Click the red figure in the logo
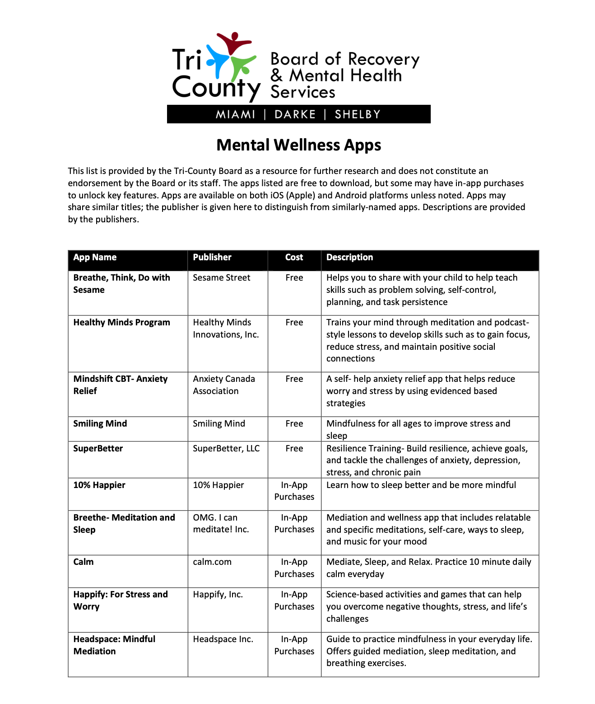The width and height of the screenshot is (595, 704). tap(233, 43)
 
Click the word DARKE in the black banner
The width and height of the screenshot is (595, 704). tap(295, 114)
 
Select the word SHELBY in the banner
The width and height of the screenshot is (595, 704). tap(358, 114)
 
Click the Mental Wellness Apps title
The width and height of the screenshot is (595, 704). tap(298, 145)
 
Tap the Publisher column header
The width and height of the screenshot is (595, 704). tap(212, 257)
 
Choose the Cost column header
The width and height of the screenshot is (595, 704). tap(294, 257)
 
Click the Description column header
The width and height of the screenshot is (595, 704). tap(349, 257)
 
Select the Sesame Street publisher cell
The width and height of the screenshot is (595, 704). tap(221, 277)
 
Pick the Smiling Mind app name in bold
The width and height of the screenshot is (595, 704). tap(100, 423)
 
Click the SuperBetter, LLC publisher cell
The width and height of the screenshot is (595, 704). tap(226, 448)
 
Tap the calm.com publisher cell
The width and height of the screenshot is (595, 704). tap(212, 562)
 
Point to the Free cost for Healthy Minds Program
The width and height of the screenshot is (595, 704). tap(294, 322)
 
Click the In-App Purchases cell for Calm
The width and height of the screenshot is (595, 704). tap(294, 568)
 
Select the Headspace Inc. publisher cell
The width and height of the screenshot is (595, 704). tap(223, 639)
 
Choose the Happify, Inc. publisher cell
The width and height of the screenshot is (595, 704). tap(218, 594)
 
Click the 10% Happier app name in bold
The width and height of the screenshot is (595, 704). tap(99, 485)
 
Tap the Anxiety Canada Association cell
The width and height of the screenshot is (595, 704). tap(224, 385)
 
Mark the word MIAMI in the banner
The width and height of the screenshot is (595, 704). tap(236, 114)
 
